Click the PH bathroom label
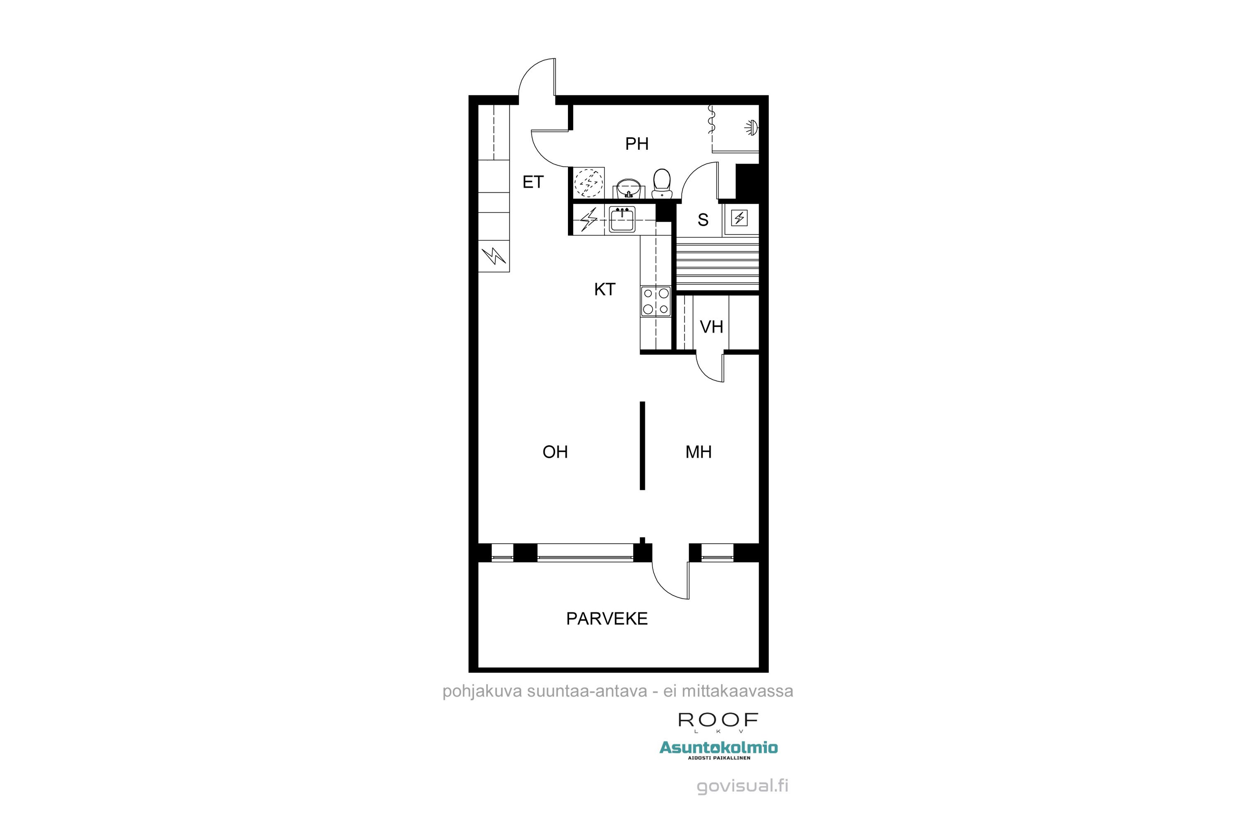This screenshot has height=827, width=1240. point(637,143)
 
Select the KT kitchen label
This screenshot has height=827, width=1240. point(604,289)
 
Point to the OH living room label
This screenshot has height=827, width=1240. point(555,452)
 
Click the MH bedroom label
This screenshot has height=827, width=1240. point(698,452)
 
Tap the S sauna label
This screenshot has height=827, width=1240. point(703,220)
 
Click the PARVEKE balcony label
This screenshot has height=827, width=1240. point(607,619)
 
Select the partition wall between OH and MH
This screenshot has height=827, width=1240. point(642,446)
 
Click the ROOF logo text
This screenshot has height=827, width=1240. point(718,720)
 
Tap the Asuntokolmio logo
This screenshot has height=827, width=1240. point(718,748)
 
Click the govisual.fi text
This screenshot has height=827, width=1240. point(742,786)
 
